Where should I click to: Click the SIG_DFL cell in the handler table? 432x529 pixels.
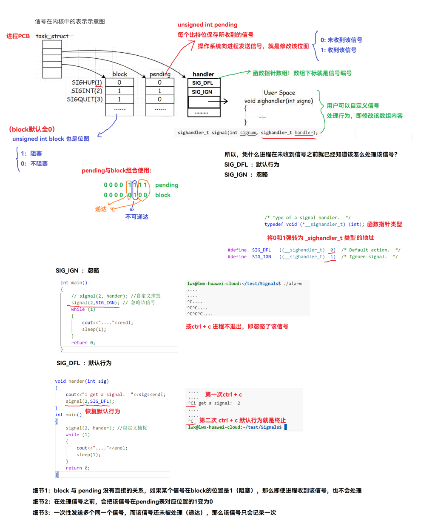[x=203, y=83]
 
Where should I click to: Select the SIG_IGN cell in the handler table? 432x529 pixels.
[x=202, y=92]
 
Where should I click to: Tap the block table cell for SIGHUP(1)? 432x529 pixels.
[x=119, y=82]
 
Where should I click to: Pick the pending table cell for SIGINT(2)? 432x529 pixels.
[x=160, y=91]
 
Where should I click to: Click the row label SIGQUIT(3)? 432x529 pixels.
[x=85, y=99]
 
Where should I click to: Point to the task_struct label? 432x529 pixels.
[x=52, y=36]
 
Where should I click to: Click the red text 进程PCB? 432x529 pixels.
[x=18, y=36]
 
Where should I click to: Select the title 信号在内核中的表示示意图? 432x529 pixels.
[x=70, y=21]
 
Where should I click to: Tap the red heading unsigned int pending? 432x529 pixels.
[x=207, y=25]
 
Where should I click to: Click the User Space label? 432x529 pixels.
[x=279, y=93]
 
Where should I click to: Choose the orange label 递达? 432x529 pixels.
[x=101, y=209]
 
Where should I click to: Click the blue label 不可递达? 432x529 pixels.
[x=137, y=216]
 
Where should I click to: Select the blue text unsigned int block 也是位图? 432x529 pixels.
[x=51, y=139]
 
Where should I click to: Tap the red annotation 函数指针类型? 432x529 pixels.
[x=384, y=224]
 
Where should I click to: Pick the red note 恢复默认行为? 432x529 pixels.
[x=102, y=411]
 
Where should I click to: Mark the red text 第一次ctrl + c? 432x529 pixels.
[x=224, y=394]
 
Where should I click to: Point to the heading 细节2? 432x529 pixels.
[x=41, y=501]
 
